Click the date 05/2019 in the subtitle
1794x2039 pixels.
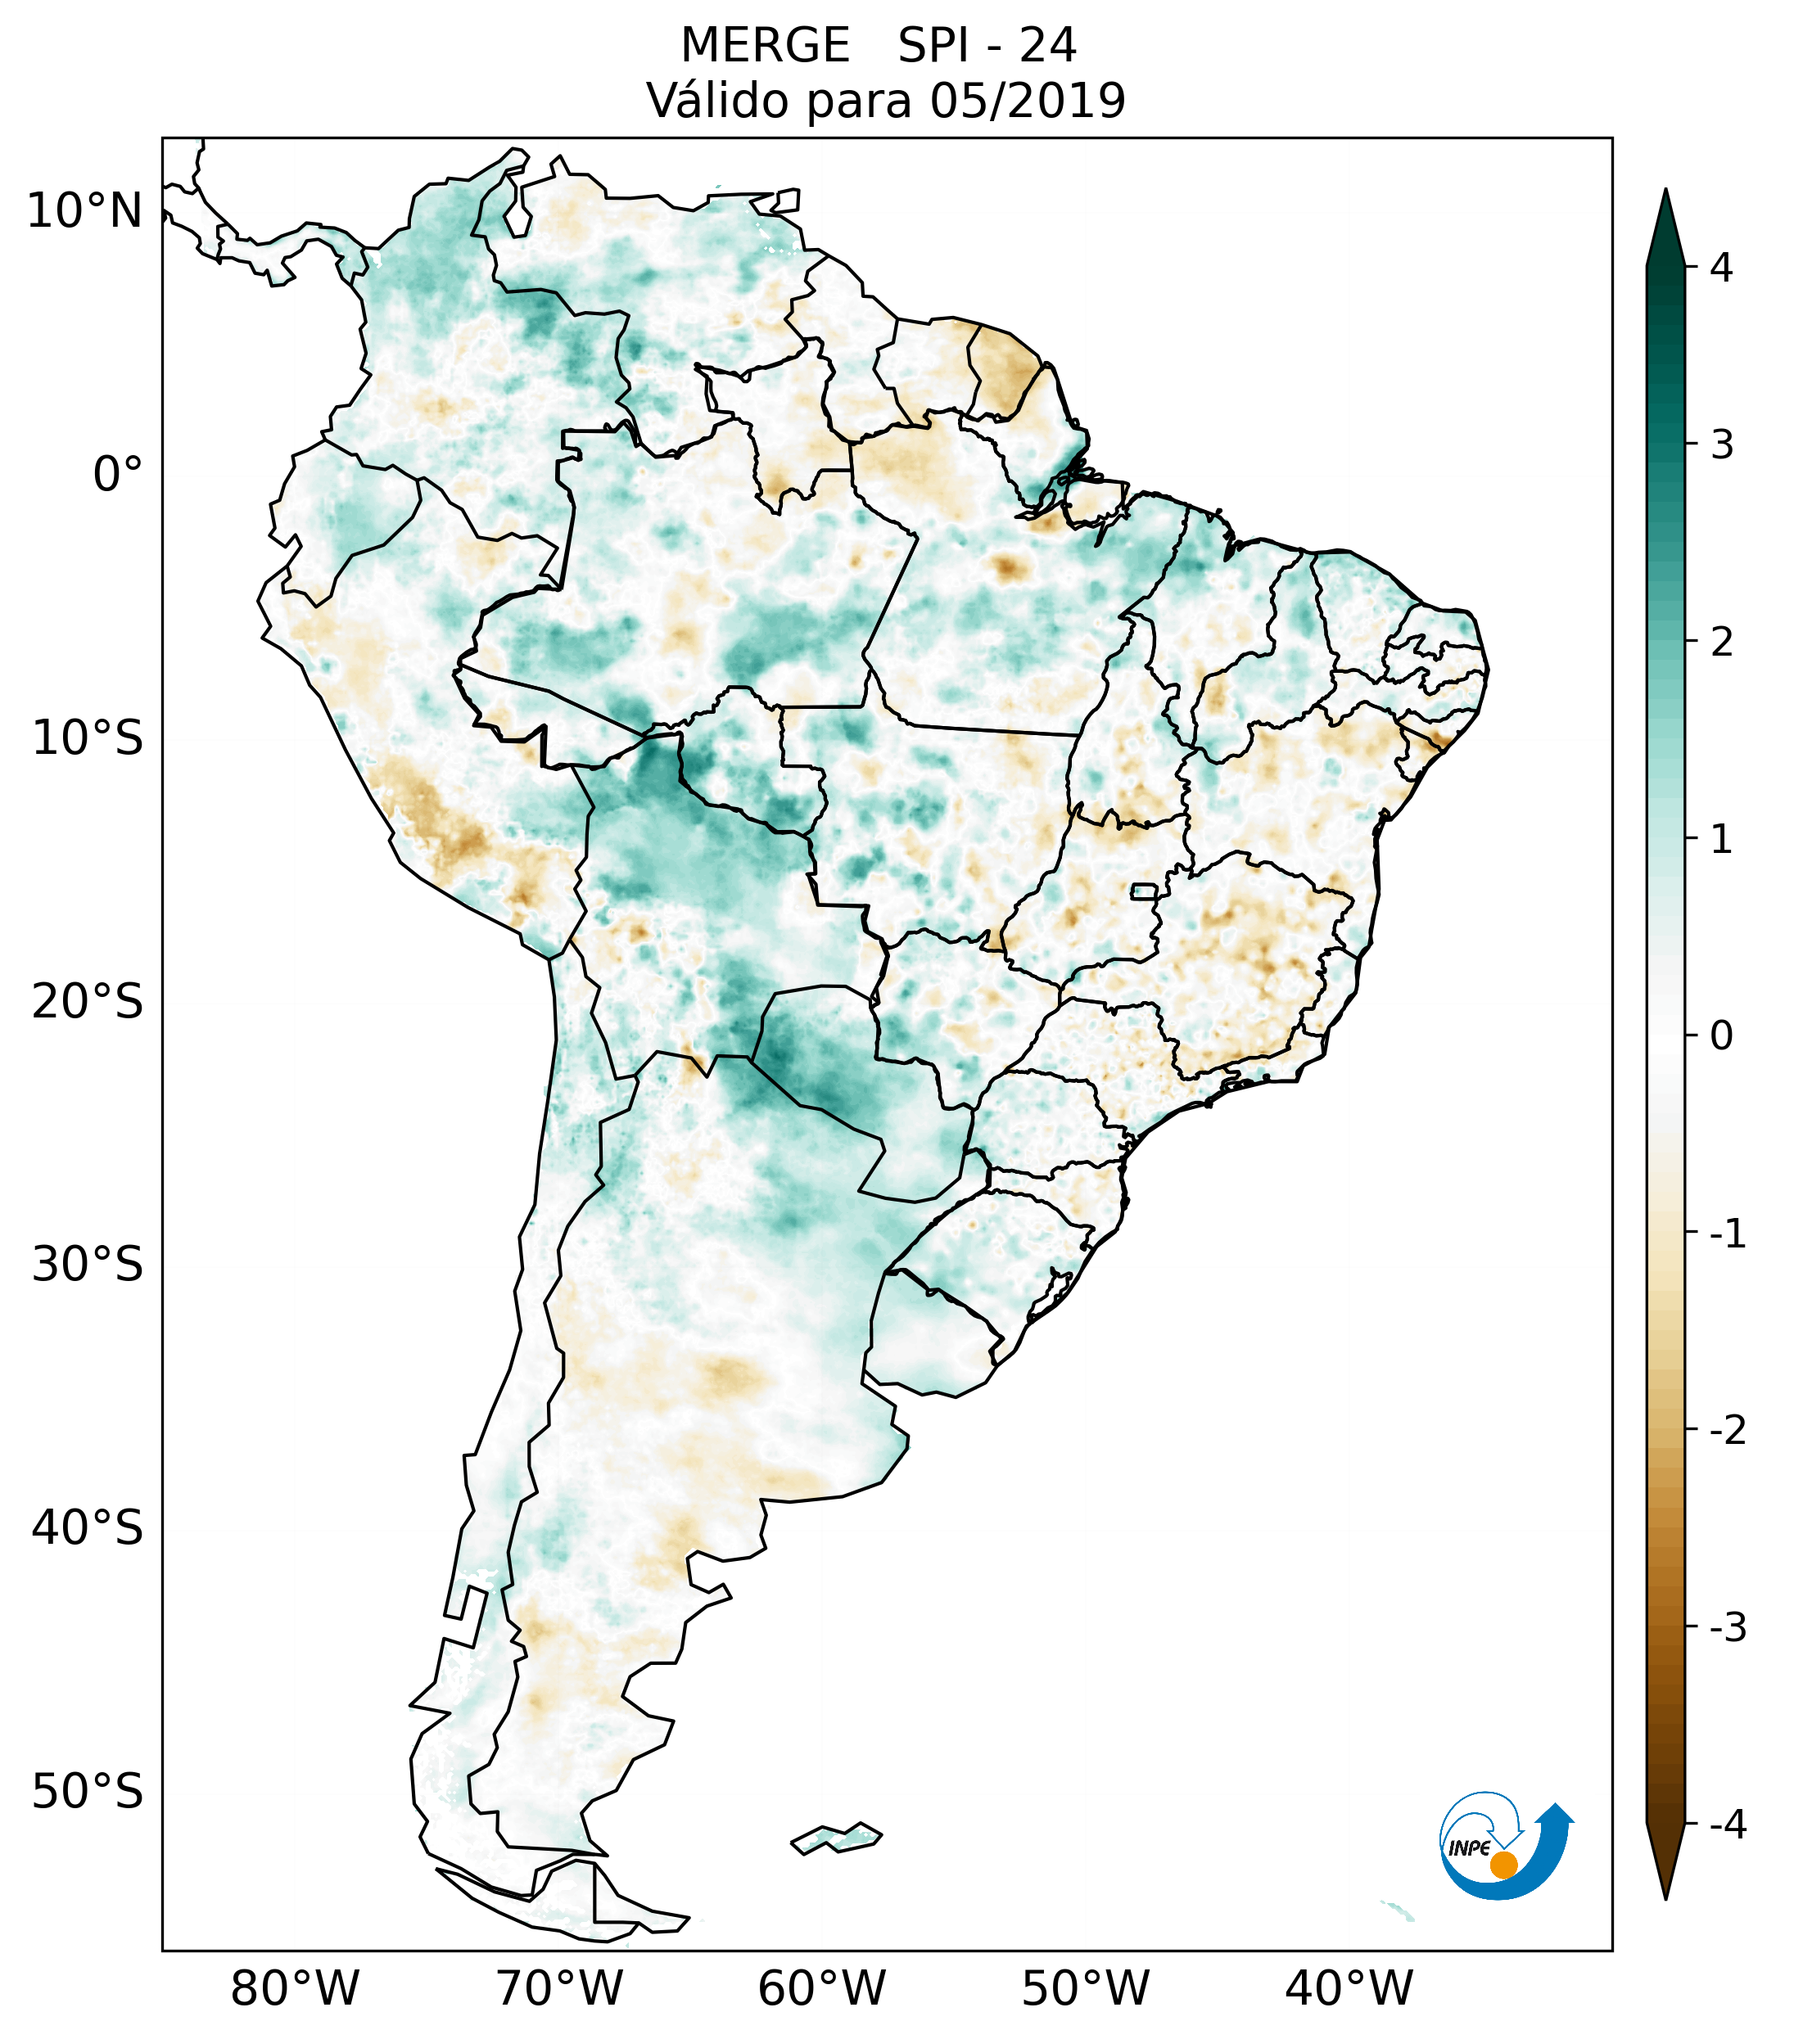coord(1027,101)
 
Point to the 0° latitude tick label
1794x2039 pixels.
coord(118,475)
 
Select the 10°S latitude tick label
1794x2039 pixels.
coord(88,738)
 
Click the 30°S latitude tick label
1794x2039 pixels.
coord(88,1265)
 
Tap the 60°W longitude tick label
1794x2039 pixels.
coord(821,1988)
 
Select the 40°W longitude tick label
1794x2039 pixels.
coord(1349,1988)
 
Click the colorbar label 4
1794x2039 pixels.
coord(1721,268)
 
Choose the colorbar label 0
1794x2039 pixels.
coord(1721,1036)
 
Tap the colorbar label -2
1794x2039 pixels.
coord(1727,1432)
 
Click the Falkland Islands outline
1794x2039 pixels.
coord(836,1838)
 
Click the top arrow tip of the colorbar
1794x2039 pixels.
coord(1665,192)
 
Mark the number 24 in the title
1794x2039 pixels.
coord(1048,46)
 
